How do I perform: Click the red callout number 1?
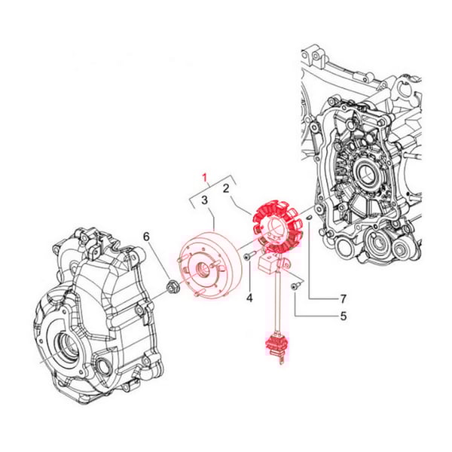coord(205,178)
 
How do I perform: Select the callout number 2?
coord(226,188)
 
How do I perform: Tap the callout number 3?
coord(204,200)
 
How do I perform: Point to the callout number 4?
coord(249,298)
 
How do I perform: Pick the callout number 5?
coord(343,316)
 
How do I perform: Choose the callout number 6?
coord(146,237)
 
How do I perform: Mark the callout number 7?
coord(343,299)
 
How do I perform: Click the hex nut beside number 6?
coord(173,287)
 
